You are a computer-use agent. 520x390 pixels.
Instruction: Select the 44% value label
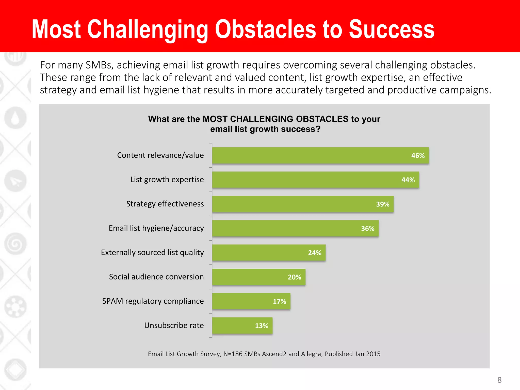(x=408, y=180)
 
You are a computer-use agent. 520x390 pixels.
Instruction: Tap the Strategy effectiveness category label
(x=165, y=204)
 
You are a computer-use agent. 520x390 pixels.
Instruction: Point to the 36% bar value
(x=367, y=229)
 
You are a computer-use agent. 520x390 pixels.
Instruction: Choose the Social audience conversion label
(x=156, y=277)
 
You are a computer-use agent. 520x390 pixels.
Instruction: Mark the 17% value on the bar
(x=279, y=301)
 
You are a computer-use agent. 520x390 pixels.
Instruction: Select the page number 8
(x=499, y=380)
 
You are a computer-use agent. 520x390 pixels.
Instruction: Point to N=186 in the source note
(x=233, y=354)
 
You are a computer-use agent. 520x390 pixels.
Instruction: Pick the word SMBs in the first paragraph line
(x=99, y=65)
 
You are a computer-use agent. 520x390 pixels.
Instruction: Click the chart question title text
(x=264, y=124)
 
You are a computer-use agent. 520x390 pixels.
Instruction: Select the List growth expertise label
(x=167, y=180)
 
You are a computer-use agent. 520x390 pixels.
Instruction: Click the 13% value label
(x=262, y=326)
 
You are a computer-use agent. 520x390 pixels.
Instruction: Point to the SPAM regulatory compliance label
(x=153, y=301)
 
